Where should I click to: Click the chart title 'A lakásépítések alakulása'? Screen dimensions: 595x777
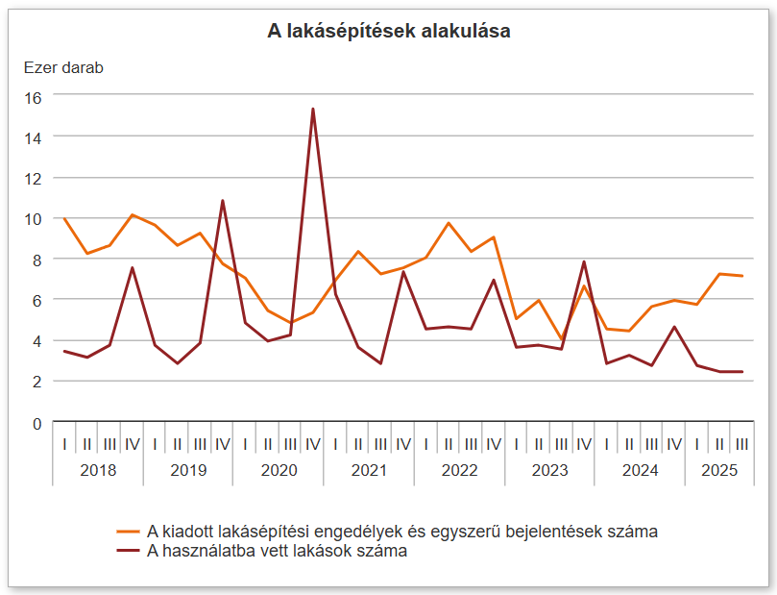[x=388, y=32]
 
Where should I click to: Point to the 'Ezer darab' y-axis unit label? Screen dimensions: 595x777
[x=62, y=68]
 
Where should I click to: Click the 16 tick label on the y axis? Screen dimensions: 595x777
[x=34, y=97]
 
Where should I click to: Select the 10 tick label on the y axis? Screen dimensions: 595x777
[x=34, y=219]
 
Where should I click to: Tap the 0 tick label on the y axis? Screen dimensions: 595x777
[x=37, y=422]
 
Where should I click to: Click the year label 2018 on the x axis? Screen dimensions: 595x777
[x=98, y=470]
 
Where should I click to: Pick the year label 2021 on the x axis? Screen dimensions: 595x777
[x=369, y=470]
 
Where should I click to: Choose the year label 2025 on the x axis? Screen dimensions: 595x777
[x=719, y=470]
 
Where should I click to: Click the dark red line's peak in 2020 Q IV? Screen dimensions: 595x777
[x=313, y=110]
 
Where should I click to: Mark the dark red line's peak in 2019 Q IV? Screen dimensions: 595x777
[x=223, y=201]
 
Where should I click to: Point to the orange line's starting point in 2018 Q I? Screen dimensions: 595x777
[x=64, y=219]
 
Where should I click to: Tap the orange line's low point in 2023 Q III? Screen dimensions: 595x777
[x=561, y=340]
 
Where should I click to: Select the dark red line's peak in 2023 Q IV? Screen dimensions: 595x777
[x=584, y=262]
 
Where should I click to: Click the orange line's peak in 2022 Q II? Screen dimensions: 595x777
[x=449, y=223]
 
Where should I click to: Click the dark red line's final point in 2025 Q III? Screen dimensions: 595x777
[x=741, y=372]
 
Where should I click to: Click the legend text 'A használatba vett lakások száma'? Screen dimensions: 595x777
[x=278, y=551]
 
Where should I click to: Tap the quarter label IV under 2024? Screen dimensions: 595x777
[x=674, y=444]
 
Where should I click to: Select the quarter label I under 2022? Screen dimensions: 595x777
[x=425, y=444]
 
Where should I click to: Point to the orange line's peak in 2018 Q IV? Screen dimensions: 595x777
[x=133, y=214]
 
